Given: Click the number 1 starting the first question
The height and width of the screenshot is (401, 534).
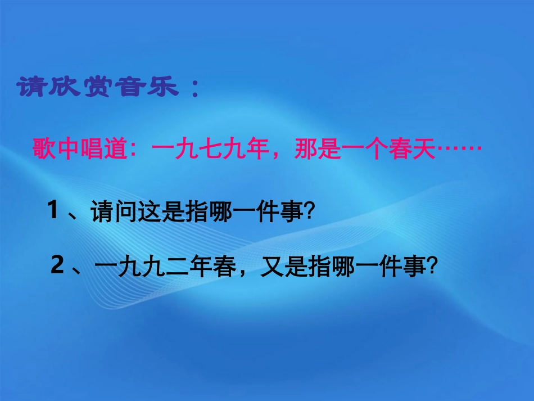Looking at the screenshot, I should [54, 212].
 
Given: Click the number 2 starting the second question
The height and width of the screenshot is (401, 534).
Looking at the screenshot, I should [57, 267].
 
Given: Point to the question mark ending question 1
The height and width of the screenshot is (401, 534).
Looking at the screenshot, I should [307, 213].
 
